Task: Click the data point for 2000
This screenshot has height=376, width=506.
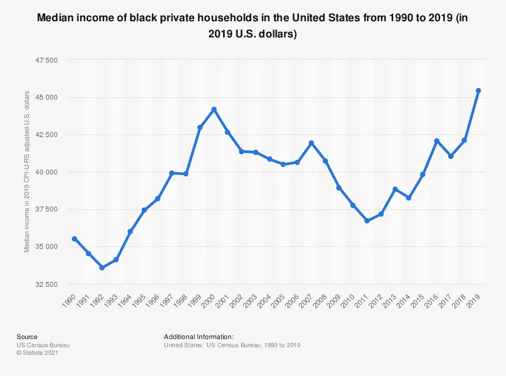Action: (x=214, y=109)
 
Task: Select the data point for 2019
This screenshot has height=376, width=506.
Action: (x=478, y=91)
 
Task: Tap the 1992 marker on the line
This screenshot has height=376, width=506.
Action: (x=102, y=267)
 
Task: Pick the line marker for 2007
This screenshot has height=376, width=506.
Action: (x=311, y=143)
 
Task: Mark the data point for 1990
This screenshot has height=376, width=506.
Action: (x=74, y=239)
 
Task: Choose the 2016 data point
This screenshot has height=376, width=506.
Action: (x=437, y=141)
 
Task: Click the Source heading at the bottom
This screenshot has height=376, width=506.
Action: (x=27, y=337)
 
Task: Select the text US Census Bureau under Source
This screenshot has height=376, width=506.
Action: (x=43, y=345)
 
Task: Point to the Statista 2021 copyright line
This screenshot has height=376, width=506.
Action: (x=38, y=353)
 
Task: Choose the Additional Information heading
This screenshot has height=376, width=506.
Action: (x=199, y=337)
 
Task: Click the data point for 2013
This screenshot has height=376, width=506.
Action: (x=395, y=189)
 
